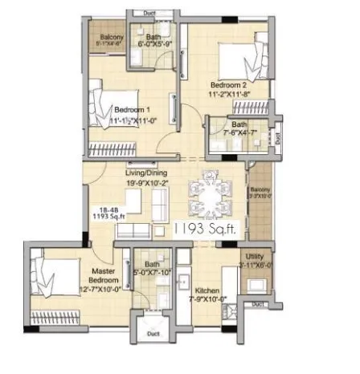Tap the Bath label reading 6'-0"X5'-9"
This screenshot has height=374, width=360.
point(151,38)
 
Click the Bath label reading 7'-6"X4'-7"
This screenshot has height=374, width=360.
point(239,124)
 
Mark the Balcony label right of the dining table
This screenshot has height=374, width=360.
point(260,190)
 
